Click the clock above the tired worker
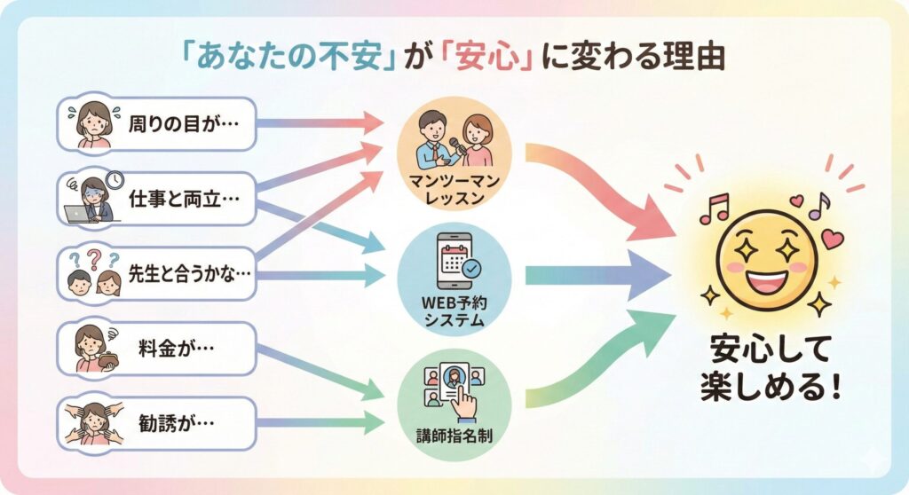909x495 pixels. click(114, 180)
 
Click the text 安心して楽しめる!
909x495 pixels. click(769, 370)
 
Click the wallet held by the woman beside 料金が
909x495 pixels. click(89, 361)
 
